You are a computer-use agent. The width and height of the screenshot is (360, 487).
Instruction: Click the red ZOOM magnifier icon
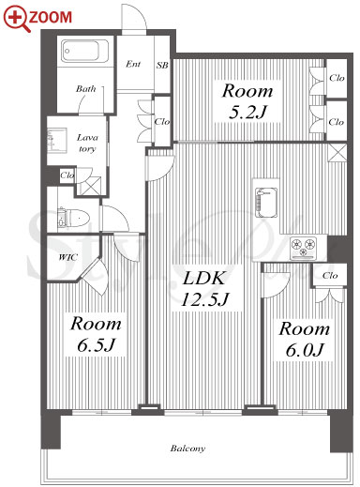17,19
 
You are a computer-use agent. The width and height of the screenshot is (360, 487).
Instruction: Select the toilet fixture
74,217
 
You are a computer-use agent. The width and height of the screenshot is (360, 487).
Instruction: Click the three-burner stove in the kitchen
303,248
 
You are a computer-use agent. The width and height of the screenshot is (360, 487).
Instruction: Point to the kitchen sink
266,203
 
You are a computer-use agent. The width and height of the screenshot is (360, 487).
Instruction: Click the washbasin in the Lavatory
57,140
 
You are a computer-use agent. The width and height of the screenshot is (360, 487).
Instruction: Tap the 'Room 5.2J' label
247,101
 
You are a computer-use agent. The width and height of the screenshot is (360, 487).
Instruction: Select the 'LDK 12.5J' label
204,288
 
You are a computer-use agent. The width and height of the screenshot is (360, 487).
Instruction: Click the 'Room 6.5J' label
96,334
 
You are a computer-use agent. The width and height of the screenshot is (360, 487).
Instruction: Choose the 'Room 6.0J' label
304,340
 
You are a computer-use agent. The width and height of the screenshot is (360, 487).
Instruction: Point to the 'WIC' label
68,257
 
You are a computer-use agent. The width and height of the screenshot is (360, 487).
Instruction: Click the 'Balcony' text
187,449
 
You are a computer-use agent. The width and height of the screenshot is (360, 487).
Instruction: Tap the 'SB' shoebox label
162,65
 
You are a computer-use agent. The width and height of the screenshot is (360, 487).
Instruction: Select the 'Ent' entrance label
133,64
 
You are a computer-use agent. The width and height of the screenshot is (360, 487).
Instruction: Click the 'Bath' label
85,88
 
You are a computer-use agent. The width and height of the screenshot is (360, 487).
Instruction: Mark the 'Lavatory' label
87,143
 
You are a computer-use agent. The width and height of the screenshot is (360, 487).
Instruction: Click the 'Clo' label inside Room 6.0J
330,276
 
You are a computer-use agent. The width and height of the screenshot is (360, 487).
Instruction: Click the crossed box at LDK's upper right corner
337,153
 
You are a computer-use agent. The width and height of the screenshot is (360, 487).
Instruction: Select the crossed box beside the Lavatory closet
89,187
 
